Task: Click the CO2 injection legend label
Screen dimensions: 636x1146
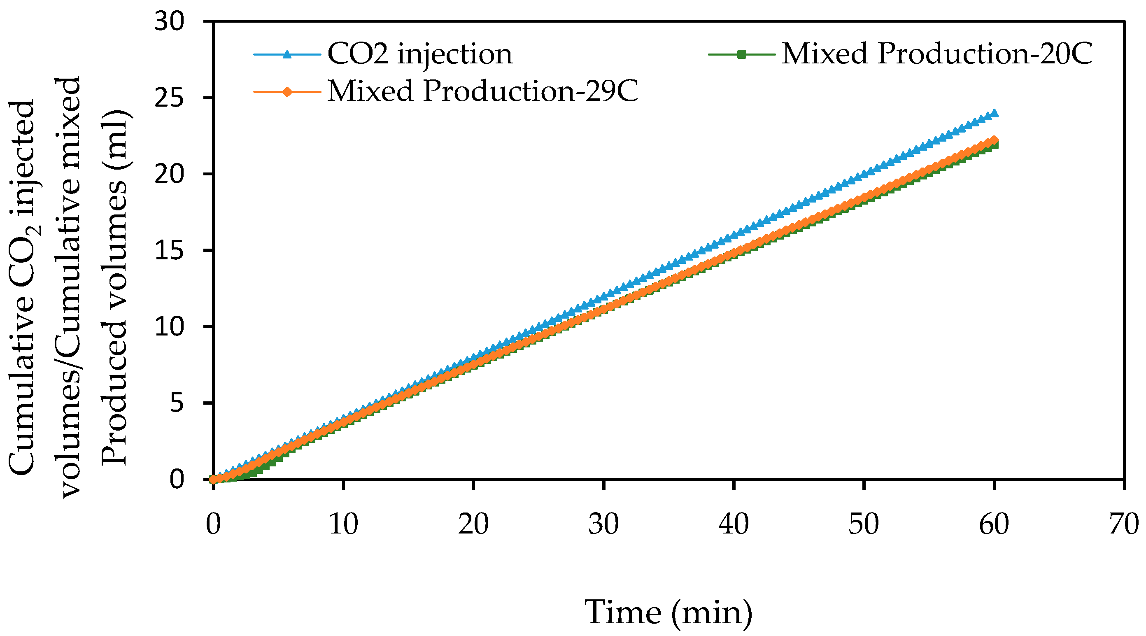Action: [x=419, y=54]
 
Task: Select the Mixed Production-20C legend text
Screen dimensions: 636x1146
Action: [x=936, y=54]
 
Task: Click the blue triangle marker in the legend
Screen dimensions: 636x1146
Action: [x=287, y=54]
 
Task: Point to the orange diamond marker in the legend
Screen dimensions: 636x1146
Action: [x=287, y=92]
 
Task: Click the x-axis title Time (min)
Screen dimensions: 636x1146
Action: [x=668, y=613]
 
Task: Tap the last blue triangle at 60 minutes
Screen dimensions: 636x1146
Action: [x=994, y=113]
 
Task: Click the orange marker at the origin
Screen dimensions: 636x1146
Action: [x=214, y=479]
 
